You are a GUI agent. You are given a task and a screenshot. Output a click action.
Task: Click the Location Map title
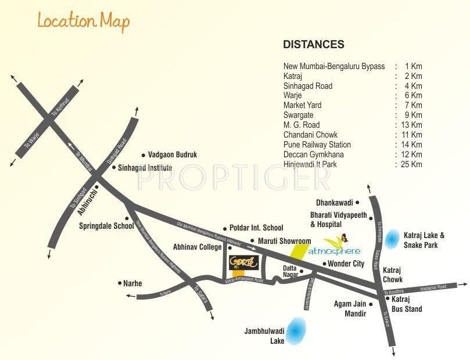[84, 21]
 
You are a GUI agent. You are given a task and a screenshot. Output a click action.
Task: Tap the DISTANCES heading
[313, 45]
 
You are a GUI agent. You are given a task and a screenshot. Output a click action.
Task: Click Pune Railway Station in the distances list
[317, 145]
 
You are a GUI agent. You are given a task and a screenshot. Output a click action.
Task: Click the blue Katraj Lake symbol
[394, 237]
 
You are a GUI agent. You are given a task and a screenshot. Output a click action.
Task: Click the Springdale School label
[106, 226]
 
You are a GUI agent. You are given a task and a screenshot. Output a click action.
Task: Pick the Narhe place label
[132, 284]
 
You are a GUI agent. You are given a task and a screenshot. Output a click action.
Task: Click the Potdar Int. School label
[256, 228]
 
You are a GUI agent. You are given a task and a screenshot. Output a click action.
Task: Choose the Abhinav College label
[197, 247]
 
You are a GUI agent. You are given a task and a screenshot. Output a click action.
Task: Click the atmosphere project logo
[334, 251]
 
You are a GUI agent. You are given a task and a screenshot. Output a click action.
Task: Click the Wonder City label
[346, 264]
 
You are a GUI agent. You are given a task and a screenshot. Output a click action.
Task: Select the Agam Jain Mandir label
[350, 308]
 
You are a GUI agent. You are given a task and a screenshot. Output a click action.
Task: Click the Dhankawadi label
[335, 203]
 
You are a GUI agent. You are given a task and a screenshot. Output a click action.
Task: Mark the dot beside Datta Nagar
[302, 270]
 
